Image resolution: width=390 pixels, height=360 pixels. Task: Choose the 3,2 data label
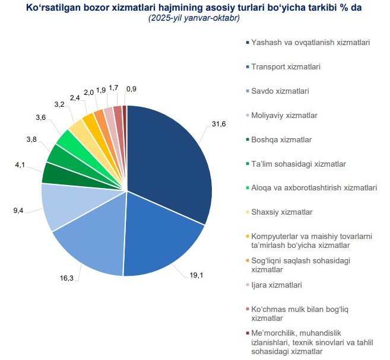(59, 104)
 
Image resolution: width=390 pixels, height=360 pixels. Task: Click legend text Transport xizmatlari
(286, 67)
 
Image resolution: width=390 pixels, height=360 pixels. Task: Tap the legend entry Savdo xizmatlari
(280, 91)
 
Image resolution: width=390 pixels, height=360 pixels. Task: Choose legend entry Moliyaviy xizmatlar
(284, 115)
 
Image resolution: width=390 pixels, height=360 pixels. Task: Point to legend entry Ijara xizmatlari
(277, 285)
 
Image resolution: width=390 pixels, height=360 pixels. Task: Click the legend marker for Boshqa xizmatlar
(247, 140)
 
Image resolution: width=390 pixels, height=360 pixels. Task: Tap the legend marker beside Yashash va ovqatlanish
(247, 43)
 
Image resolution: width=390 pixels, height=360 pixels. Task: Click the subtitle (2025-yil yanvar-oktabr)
(194, 18)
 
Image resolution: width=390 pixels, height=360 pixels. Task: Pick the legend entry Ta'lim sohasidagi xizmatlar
(299, 164)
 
